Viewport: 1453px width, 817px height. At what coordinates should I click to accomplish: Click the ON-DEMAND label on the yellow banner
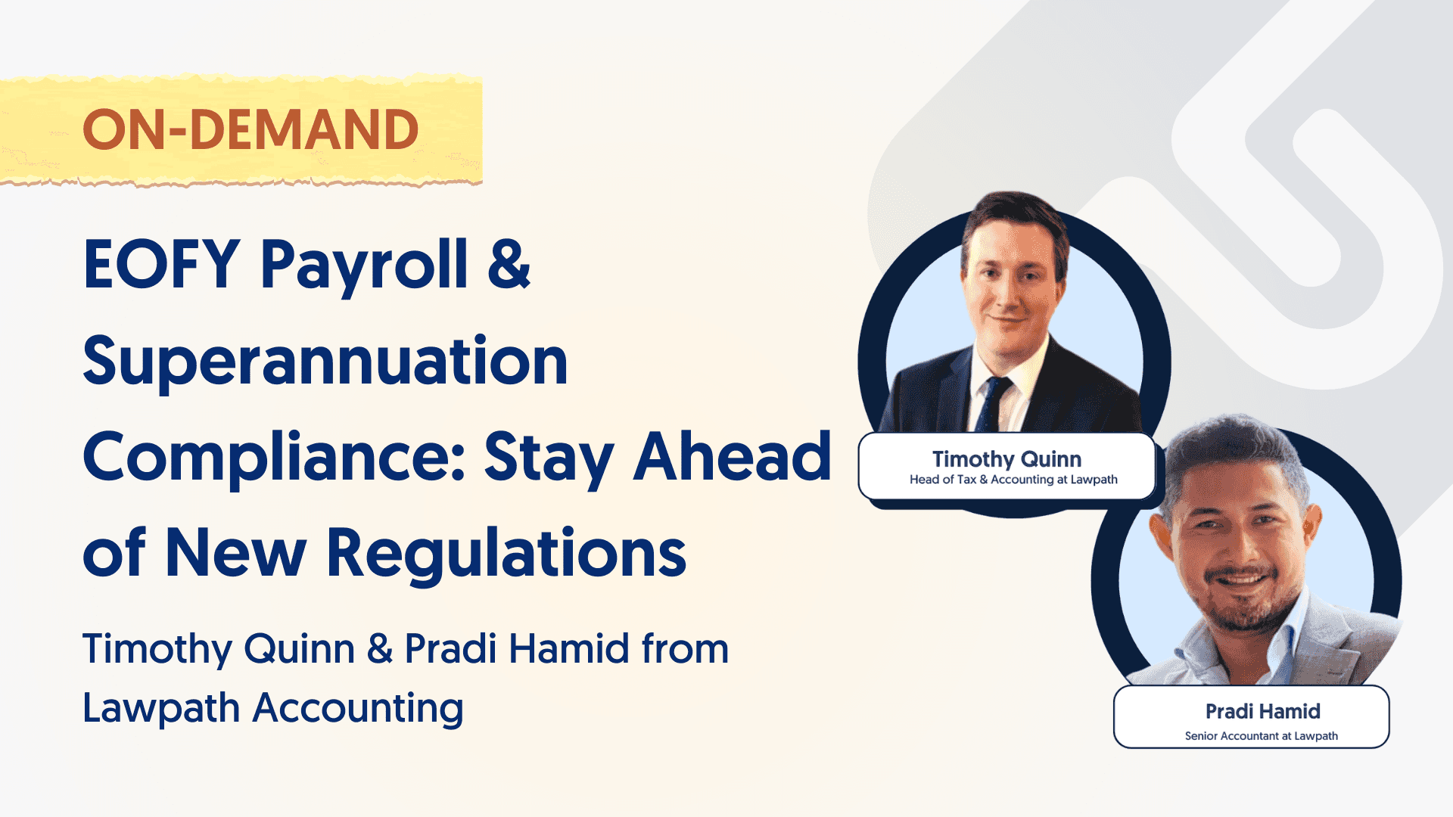click(x=250, y=129)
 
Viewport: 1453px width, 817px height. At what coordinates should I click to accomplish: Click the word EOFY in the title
click(x=161, y=264)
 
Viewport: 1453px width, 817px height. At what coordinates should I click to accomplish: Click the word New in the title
click(x=235, y=553)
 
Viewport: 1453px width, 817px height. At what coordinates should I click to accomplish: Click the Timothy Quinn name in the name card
click(x=1007, y=458)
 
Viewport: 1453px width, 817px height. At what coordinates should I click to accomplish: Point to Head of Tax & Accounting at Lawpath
click(x=1013, y=480)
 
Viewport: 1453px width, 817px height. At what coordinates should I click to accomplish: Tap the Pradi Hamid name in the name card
click(x=1262, y=711)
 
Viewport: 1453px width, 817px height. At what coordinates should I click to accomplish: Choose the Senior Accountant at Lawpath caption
click(x=1261, y=736)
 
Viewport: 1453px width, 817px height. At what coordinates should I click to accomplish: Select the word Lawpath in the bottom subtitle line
click(x=161, y=709)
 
